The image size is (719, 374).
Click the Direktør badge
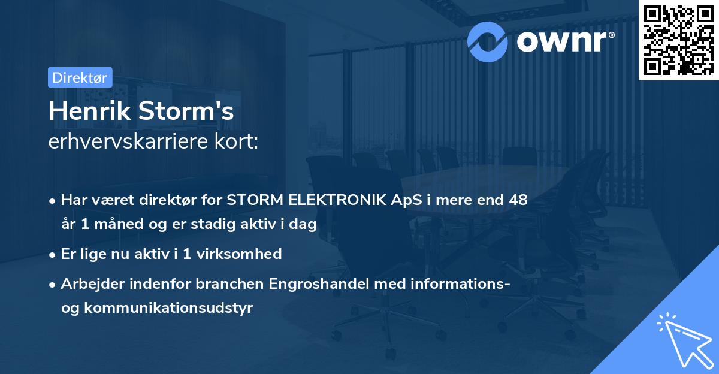tap(80, 77)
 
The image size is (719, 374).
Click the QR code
tap(678, 40)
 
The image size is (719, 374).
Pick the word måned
tap(116, 225)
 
